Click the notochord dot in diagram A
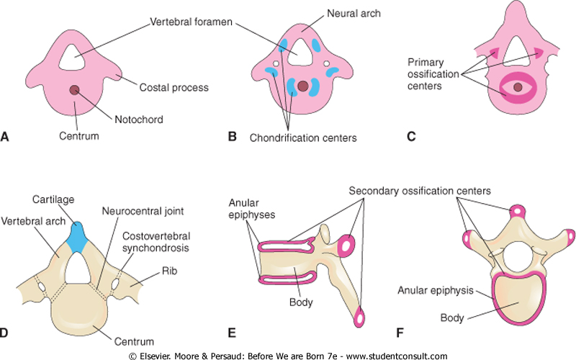point(75,89)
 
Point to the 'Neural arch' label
point(333,13)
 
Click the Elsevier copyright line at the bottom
point(288,355)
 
